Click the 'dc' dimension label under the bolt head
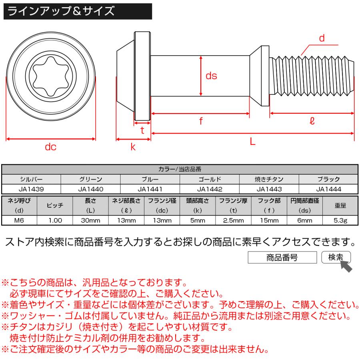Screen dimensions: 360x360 [50, 147]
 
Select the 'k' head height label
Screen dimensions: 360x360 [133, 147]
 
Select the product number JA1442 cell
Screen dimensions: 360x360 [210, 189]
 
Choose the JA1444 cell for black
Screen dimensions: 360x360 [328, 189]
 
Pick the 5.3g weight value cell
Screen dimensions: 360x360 [340, 220]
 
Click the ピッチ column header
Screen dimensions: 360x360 [55, 206]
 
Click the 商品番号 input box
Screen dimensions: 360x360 [282, 258]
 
